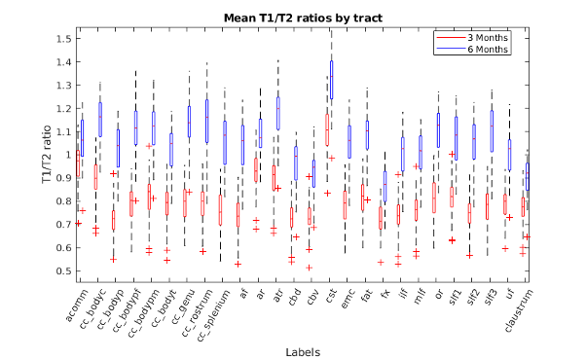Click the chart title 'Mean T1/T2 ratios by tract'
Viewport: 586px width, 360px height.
[x=303, y=18]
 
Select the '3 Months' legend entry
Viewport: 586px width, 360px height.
[x=472, y=38]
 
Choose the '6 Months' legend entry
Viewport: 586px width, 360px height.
[x=472, y=50]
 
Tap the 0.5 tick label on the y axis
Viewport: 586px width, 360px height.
[x=63, y=270]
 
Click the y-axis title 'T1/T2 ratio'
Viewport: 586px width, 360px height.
[x=47, y=155]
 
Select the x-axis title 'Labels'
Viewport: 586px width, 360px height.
[x=303, y=352]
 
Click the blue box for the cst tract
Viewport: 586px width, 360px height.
[x=332, y=80]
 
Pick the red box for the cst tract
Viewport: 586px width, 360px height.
[x=327, y=129]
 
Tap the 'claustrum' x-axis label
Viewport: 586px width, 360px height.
[x=518, y=310]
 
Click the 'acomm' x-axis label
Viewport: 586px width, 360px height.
[x=77, y=306]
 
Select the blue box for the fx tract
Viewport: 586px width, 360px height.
[x=385, y=187]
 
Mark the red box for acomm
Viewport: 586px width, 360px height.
[x=78, y=163]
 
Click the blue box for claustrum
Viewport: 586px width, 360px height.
[x=528, y=177]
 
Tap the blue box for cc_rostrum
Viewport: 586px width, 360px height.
[x=206, y=121]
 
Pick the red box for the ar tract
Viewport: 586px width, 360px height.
[x=256, y=169]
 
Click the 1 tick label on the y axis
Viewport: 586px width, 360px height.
[x=68, y=155]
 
